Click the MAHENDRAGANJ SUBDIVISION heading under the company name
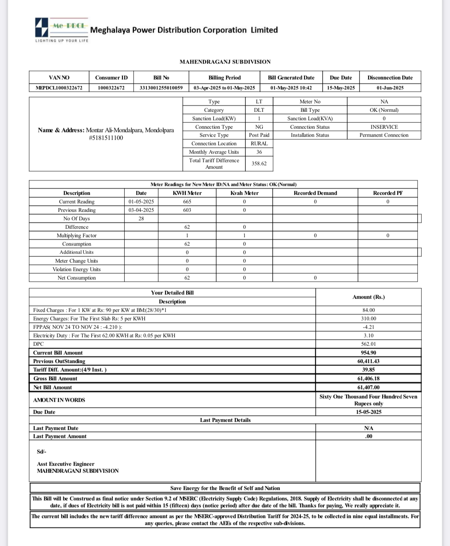225,62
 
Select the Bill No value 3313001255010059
161,88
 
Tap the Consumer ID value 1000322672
111,88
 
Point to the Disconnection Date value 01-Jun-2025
390,88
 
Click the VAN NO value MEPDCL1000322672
59,88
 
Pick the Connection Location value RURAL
259,144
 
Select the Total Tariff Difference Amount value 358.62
259,164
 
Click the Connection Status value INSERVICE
384,127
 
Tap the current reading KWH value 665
187,202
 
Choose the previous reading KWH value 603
187,210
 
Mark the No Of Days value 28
141,219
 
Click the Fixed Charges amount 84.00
368,310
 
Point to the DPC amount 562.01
368,344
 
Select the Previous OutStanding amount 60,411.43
368,361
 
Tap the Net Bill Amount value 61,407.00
368,387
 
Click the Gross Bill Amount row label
55,379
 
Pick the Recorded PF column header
388,193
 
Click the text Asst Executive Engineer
65,464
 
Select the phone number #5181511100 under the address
106,138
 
